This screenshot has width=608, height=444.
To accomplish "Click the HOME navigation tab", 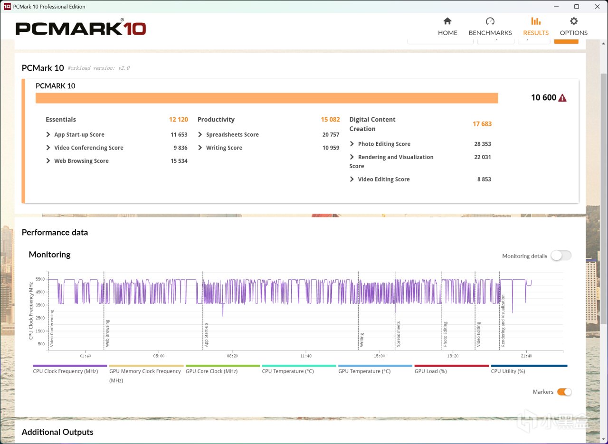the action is click(447, 27).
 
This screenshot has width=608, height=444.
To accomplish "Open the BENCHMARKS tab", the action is click(490, 27).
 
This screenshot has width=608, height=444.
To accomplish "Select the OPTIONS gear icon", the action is click(573, 21).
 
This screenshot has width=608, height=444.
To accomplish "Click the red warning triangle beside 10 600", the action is click(562, 98).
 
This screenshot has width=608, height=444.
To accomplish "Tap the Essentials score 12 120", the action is click(178, 119).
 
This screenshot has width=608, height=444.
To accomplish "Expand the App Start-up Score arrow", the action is click(48, 134).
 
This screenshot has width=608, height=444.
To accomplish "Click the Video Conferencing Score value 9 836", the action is click(180, 148).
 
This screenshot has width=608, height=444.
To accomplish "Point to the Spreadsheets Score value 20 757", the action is click(331, 134).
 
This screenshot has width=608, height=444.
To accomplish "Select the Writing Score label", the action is click(224, 148).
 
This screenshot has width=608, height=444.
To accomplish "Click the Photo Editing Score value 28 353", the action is click(482, 144).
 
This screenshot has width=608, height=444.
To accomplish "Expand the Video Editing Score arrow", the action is click(352, 179).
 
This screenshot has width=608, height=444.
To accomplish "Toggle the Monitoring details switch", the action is click(561, 255).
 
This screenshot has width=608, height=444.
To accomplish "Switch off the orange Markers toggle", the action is click(564, 392).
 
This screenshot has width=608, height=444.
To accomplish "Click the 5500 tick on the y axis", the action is click(40, 279).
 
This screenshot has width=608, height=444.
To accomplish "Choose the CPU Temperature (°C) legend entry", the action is click(288, 371).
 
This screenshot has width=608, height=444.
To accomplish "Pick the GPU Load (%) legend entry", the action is click(430, 371).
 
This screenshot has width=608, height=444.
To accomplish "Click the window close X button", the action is click(597, 7).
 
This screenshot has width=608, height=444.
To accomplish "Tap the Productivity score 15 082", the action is click(330, 119).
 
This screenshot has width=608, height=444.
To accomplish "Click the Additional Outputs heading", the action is click(57, 432).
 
